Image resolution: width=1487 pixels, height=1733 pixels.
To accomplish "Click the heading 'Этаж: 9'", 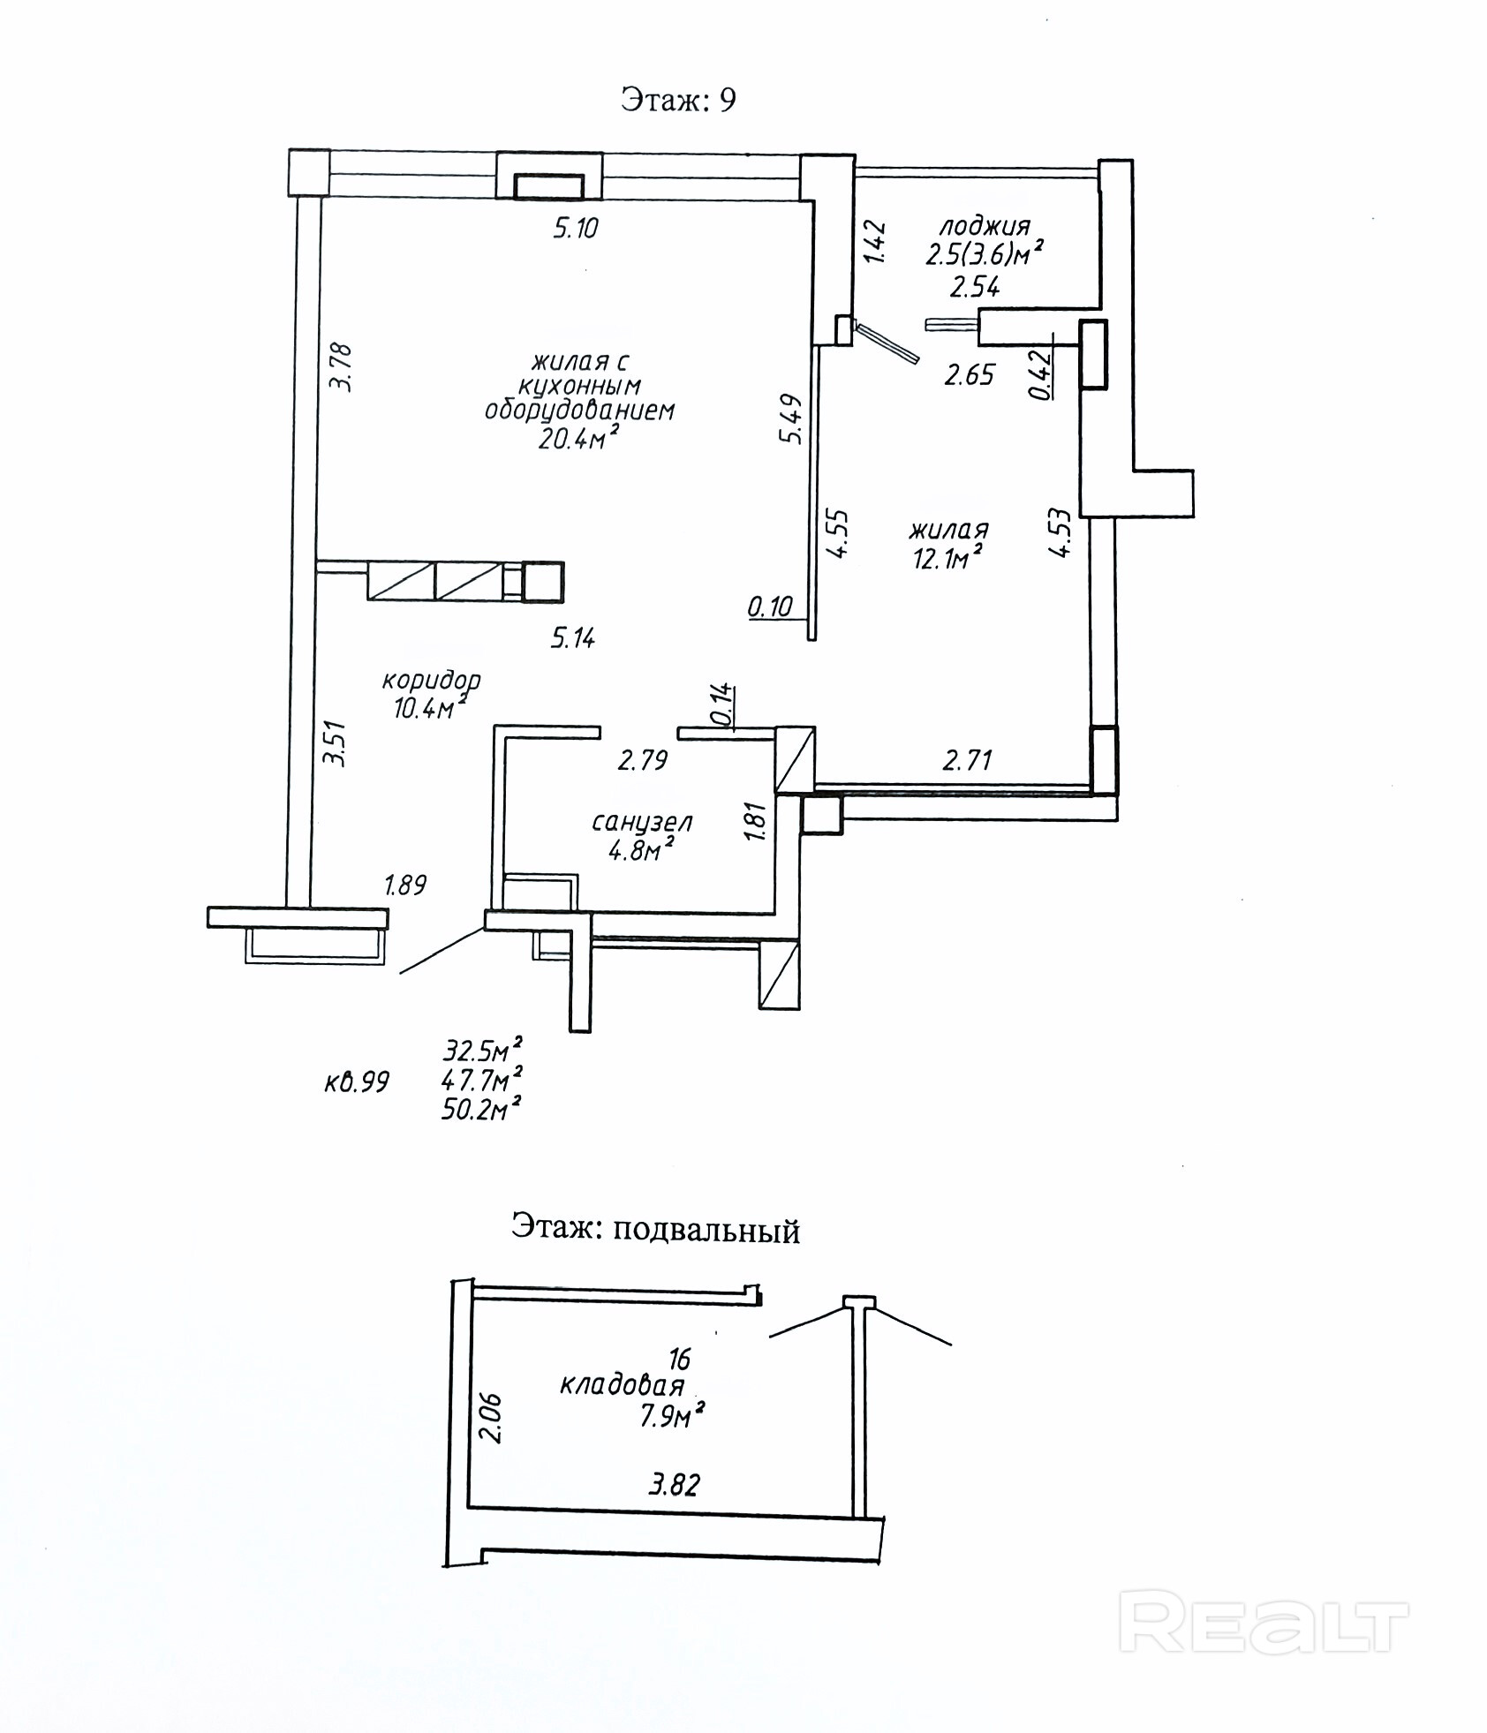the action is click(x=677, y=100).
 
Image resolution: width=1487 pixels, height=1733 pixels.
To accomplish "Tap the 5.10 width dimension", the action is click(x=576, y=229).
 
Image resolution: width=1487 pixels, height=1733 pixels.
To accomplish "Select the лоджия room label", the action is click(x=985, y=226).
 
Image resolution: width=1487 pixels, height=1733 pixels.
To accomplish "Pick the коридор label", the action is click(x=431, y=681).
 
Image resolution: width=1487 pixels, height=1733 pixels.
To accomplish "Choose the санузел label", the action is click(x=642, y=823).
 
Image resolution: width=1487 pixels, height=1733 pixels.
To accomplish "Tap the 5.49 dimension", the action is click(x=790, y=418).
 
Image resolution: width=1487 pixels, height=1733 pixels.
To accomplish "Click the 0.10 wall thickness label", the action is click(x=770, y=607).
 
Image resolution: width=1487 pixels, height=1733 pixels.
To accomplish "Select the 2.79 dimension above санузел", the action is click(x=642, y=760).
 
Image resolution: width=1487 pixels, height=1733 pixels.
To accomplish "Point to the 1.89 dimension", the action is click(x=405, y=885).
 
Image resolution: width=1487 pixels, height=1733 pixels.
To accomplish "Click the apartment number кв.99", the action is click(x=357, y=1082).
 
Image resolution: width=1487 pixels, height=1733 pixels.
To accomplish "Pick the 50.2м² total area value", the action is click(x=481, y=1109).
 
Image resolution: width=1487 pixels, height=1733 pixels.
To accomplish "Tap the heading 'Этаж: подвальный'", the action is click(x=655, y=1230).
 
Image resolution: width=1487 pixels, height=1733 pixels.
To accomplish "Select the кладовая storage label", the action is click(x=623, y=1385).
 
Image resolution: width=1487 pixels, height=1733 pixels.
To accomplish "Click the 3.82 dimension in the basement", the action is click(x=675, y=1485).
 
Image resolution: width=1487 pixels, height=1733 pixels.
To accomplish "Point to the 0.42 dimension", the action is click(x=1043, y=377).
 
